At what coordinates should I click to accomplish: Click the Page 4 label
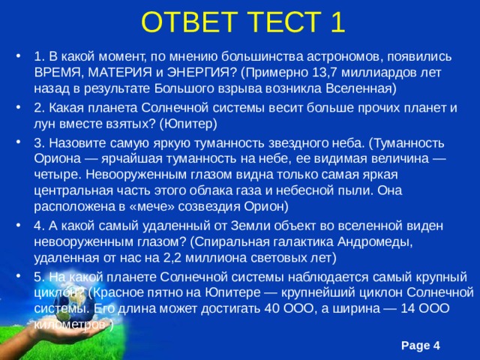pos(420,344)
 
